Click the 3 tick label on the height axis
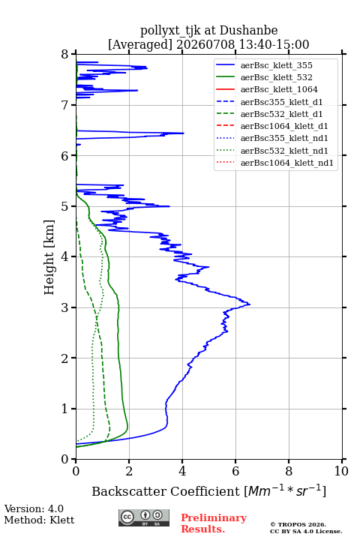(65, 307)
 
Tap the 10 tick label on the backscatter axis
(341, 471)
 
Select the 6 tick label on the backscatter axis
(235, 471)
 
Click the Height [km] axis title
(49, 257)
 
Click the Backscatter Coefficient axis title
(208, 491)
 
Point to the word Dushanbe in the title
(249, 31)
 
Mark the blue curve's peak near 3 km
(250, 304)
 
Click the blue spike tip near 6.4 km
(184, 133)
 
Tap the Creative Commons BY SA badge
(144, 517)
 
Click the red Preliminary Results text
(214, 523)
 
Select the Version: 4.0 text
(34, 508)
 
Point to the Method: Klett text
(39, 520)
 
